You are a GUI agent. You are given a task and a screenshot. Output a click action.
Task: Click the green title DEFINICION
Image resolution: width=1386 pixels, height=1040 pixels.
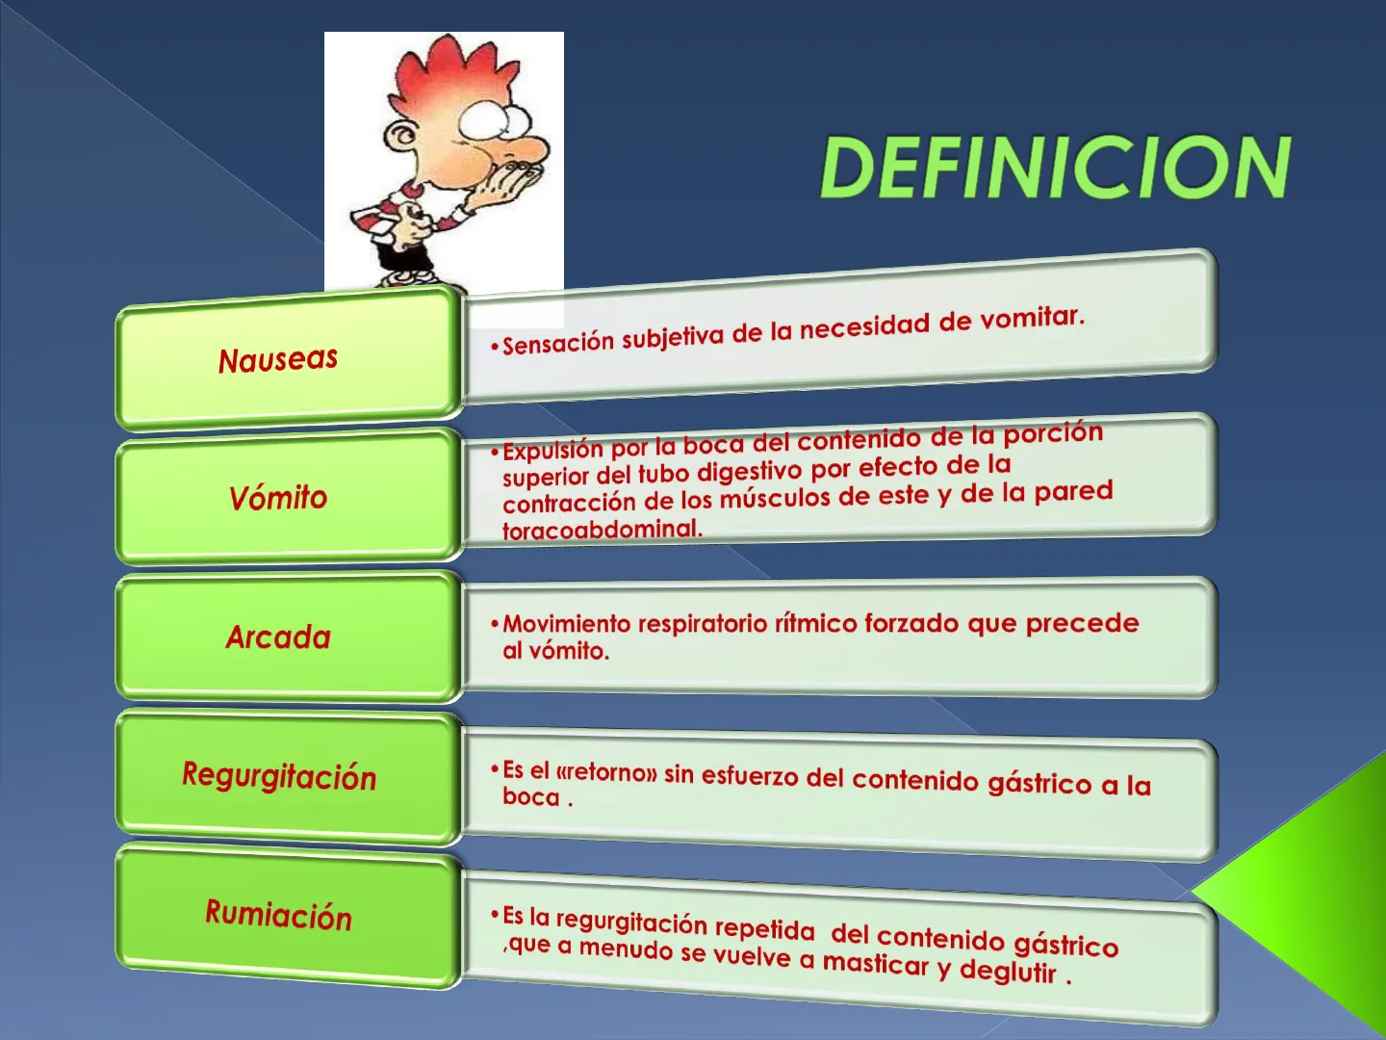[1056, 167]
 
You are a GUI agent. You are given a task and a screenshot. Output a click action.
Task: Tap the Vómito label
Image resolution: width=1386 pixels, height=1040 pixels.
[278, 498]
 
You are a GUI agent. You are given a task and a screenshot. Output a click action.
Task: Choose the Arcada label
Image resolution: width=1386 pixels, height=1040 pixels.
[278, 637]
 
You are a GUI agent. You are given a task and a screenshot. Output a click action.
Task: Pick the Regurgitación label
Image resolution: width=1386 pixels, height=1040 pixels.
[279, 775]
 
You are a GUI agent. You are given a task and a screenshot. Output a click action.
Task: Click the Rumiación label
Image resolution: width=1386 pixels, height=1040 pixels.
[278, 915]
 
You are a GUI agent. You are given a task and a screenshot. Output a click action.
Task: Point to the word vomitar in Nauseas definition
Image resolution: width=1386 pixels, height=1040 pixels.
[1032, 318]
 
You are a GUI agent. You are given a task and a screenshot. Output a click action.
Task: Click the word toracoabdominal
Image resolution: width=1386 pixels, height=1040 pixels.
[603, 530]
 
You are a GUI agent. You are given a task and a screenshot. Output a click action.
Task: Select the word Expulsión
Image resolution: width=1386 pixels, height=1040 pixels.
[553, 451]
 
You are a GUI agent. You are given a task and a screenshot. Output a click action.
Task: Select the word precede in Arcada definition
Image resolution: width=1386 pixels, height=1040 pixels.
[1082, 625]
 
